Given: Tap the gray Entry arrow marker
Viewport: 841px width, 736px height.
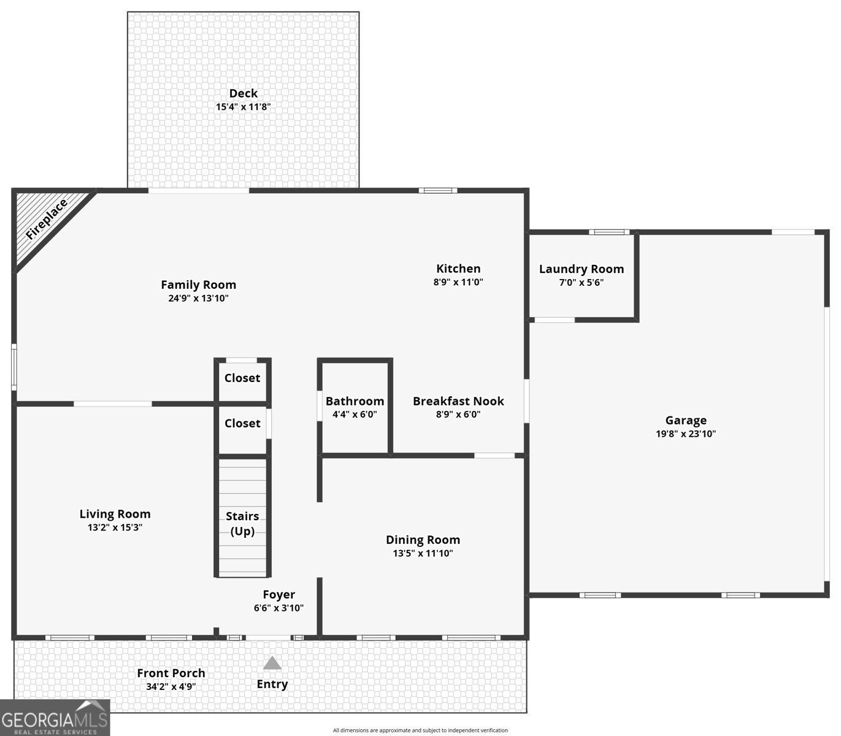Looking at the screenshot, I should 272,663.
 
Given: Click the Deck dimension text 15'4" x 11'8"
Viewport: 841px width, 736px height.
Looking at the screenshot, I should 243,107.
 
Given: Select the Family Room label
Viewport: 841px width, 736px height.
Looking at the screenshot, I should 198,285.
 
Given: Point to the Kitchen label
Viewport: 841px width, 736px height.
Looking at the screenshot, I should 458,269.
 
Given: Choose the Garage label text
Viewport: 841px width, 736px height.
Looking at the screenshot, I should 686,420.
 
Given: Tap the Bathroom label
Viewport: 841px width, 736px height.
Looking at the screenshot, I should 355,401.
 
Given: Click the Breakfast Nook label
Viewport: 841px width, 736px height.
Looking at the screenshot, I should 458,401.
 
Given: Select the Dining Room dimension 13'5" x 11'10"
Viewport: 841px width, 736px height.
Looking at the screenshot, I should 423,553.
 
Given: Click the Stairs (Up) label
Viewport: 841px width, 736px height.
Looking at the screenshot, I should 242,523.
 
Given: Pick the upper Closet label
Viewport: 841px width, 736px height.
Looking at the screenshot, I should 242,378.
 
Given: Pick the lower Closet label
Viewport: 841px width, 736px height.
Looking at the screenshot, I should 242,423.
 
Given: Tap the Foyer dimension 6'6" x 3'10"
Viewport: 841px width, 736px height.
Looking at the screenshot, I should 278,608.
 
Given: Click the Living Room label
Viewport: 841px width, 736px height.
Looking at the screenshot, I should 115,514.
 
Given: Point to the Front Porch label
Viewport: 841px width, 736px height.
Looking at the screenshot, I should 171,673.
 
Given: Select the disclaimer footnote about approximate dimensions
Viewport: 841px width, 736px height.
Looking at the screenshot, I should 420,730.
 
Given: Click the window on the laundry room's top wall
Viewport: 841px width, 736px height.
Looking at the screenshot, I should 609,232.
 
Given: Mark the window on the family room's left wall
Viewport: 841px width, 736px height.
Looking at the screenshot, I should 14,366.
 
